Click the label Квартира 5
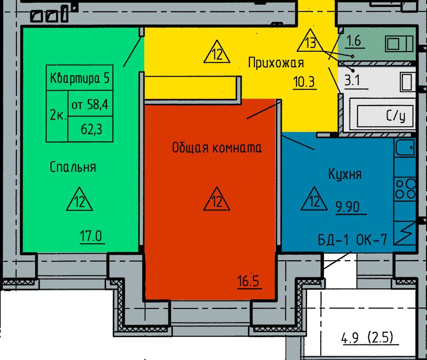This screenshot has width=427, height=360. coord(79,78)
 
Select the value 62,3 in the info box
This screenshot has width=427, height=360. coord(91,129)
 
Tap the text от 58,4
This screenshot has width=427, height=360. coord(90,104)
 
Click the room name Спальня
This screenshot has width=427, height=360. coord(73,167)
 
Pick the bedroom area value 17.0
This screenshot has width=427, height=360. coord(91,236)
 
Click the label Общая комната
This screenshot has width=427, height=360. coord(217,147)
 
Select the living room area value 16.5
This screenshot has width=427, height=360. coord(248,281)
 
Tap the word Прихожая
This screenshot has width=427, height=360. coord(276,62)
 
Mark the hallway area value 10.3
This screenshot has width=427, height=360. coord(304,82)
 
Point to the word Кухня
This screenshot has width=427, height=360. coord(345,174)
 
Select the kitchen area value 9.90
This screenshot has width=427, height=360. coord(348,207)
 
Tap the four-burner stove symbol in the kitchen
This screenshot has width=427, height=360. coord(405,189)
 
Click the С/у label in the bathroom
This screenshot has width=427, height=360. coord(395,116)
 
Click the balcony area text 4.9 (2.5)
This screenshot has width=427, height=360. coord(367,338)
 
